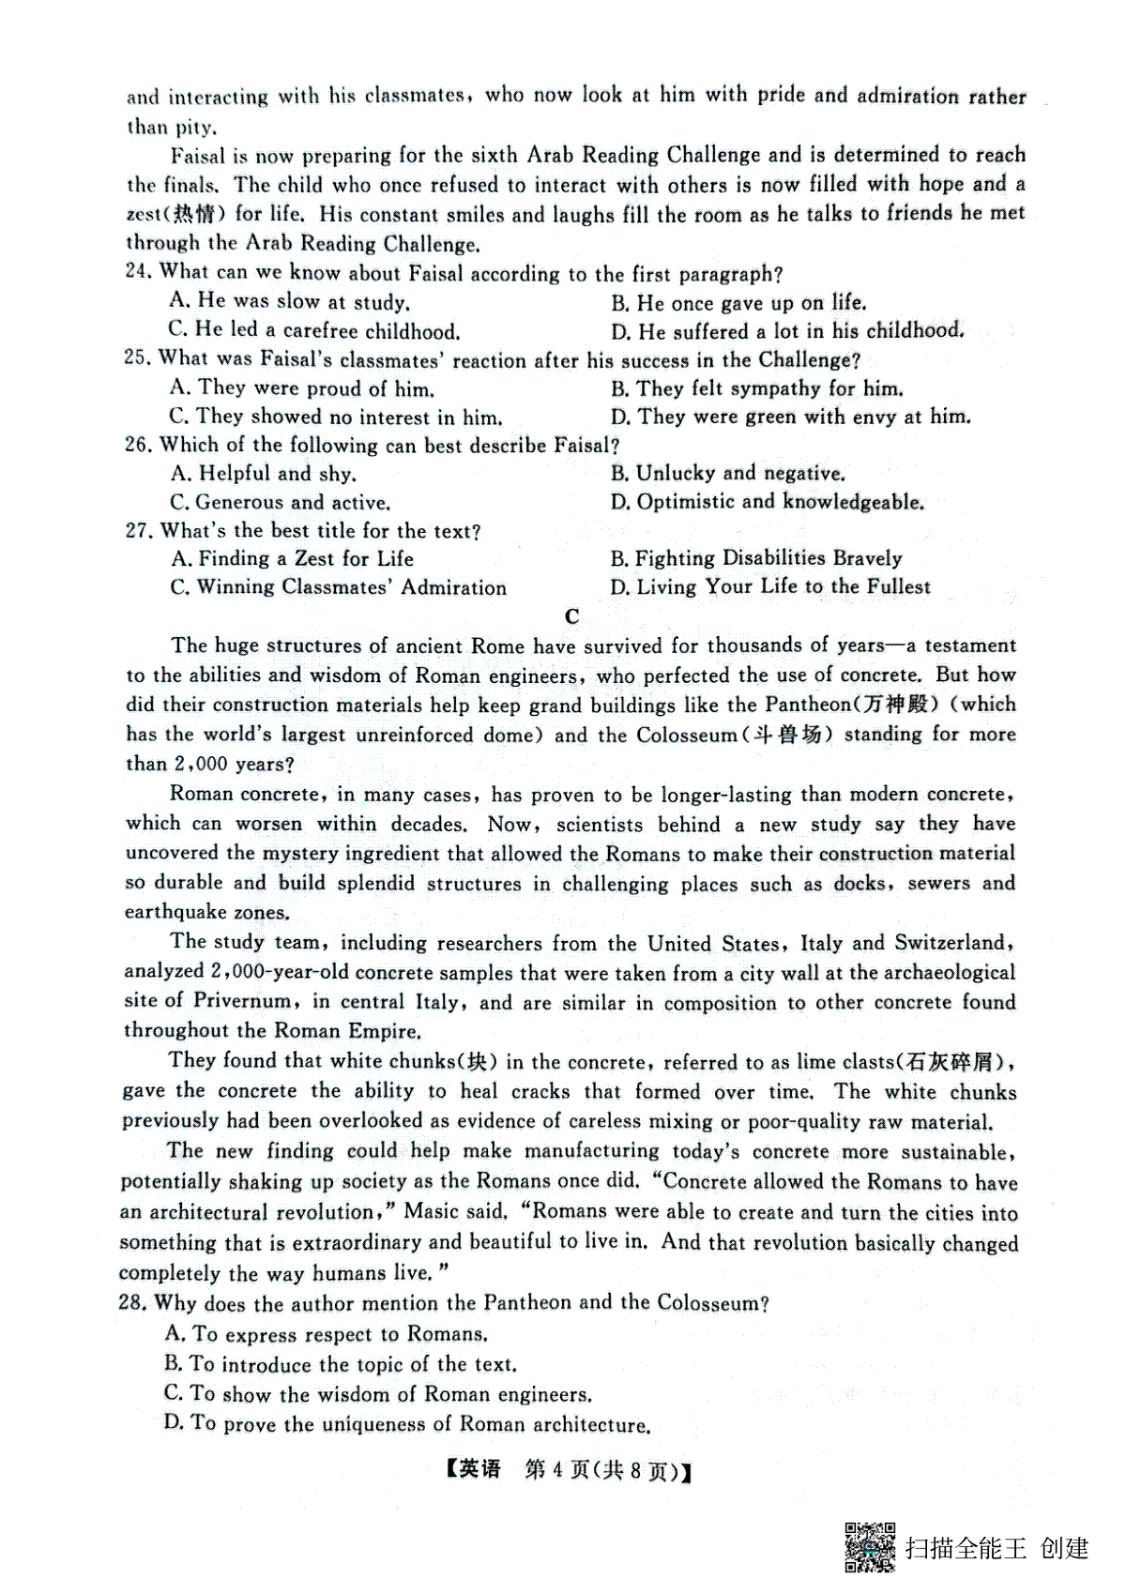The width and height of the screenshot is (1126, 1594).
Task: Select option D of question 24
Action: (x=786, y=331)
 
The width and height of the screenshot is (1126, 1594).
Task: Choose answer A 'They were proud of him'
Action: (x=302, y=388)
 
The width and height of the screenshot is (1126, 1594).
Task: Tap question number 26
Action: (x=138, y=445)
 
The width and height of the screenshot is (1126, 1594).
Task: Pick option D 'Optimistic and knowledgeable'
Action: (x=767, y=503)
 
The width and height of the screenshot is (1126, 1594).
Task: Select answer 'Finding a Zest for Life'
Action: (x=293, y=559)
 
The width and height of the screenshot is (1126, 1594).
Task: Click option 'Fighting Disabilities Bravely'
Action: (x=756, y=559)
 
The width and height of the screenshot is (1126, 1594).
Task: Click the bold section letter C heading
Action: (x=571, y=616)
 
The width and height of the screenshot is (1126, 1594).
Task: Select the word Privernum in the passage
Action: (x=242, y=1001)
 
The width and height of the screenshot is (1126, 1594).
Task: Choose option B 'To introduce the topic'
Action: (x=341, y=1364)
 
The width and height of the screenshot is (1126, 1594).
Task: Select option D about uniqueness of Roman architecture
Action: (x=406, y=1424)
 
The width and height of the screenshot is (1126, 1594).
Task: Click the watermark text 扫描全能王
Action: (x=966, y=1547)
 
